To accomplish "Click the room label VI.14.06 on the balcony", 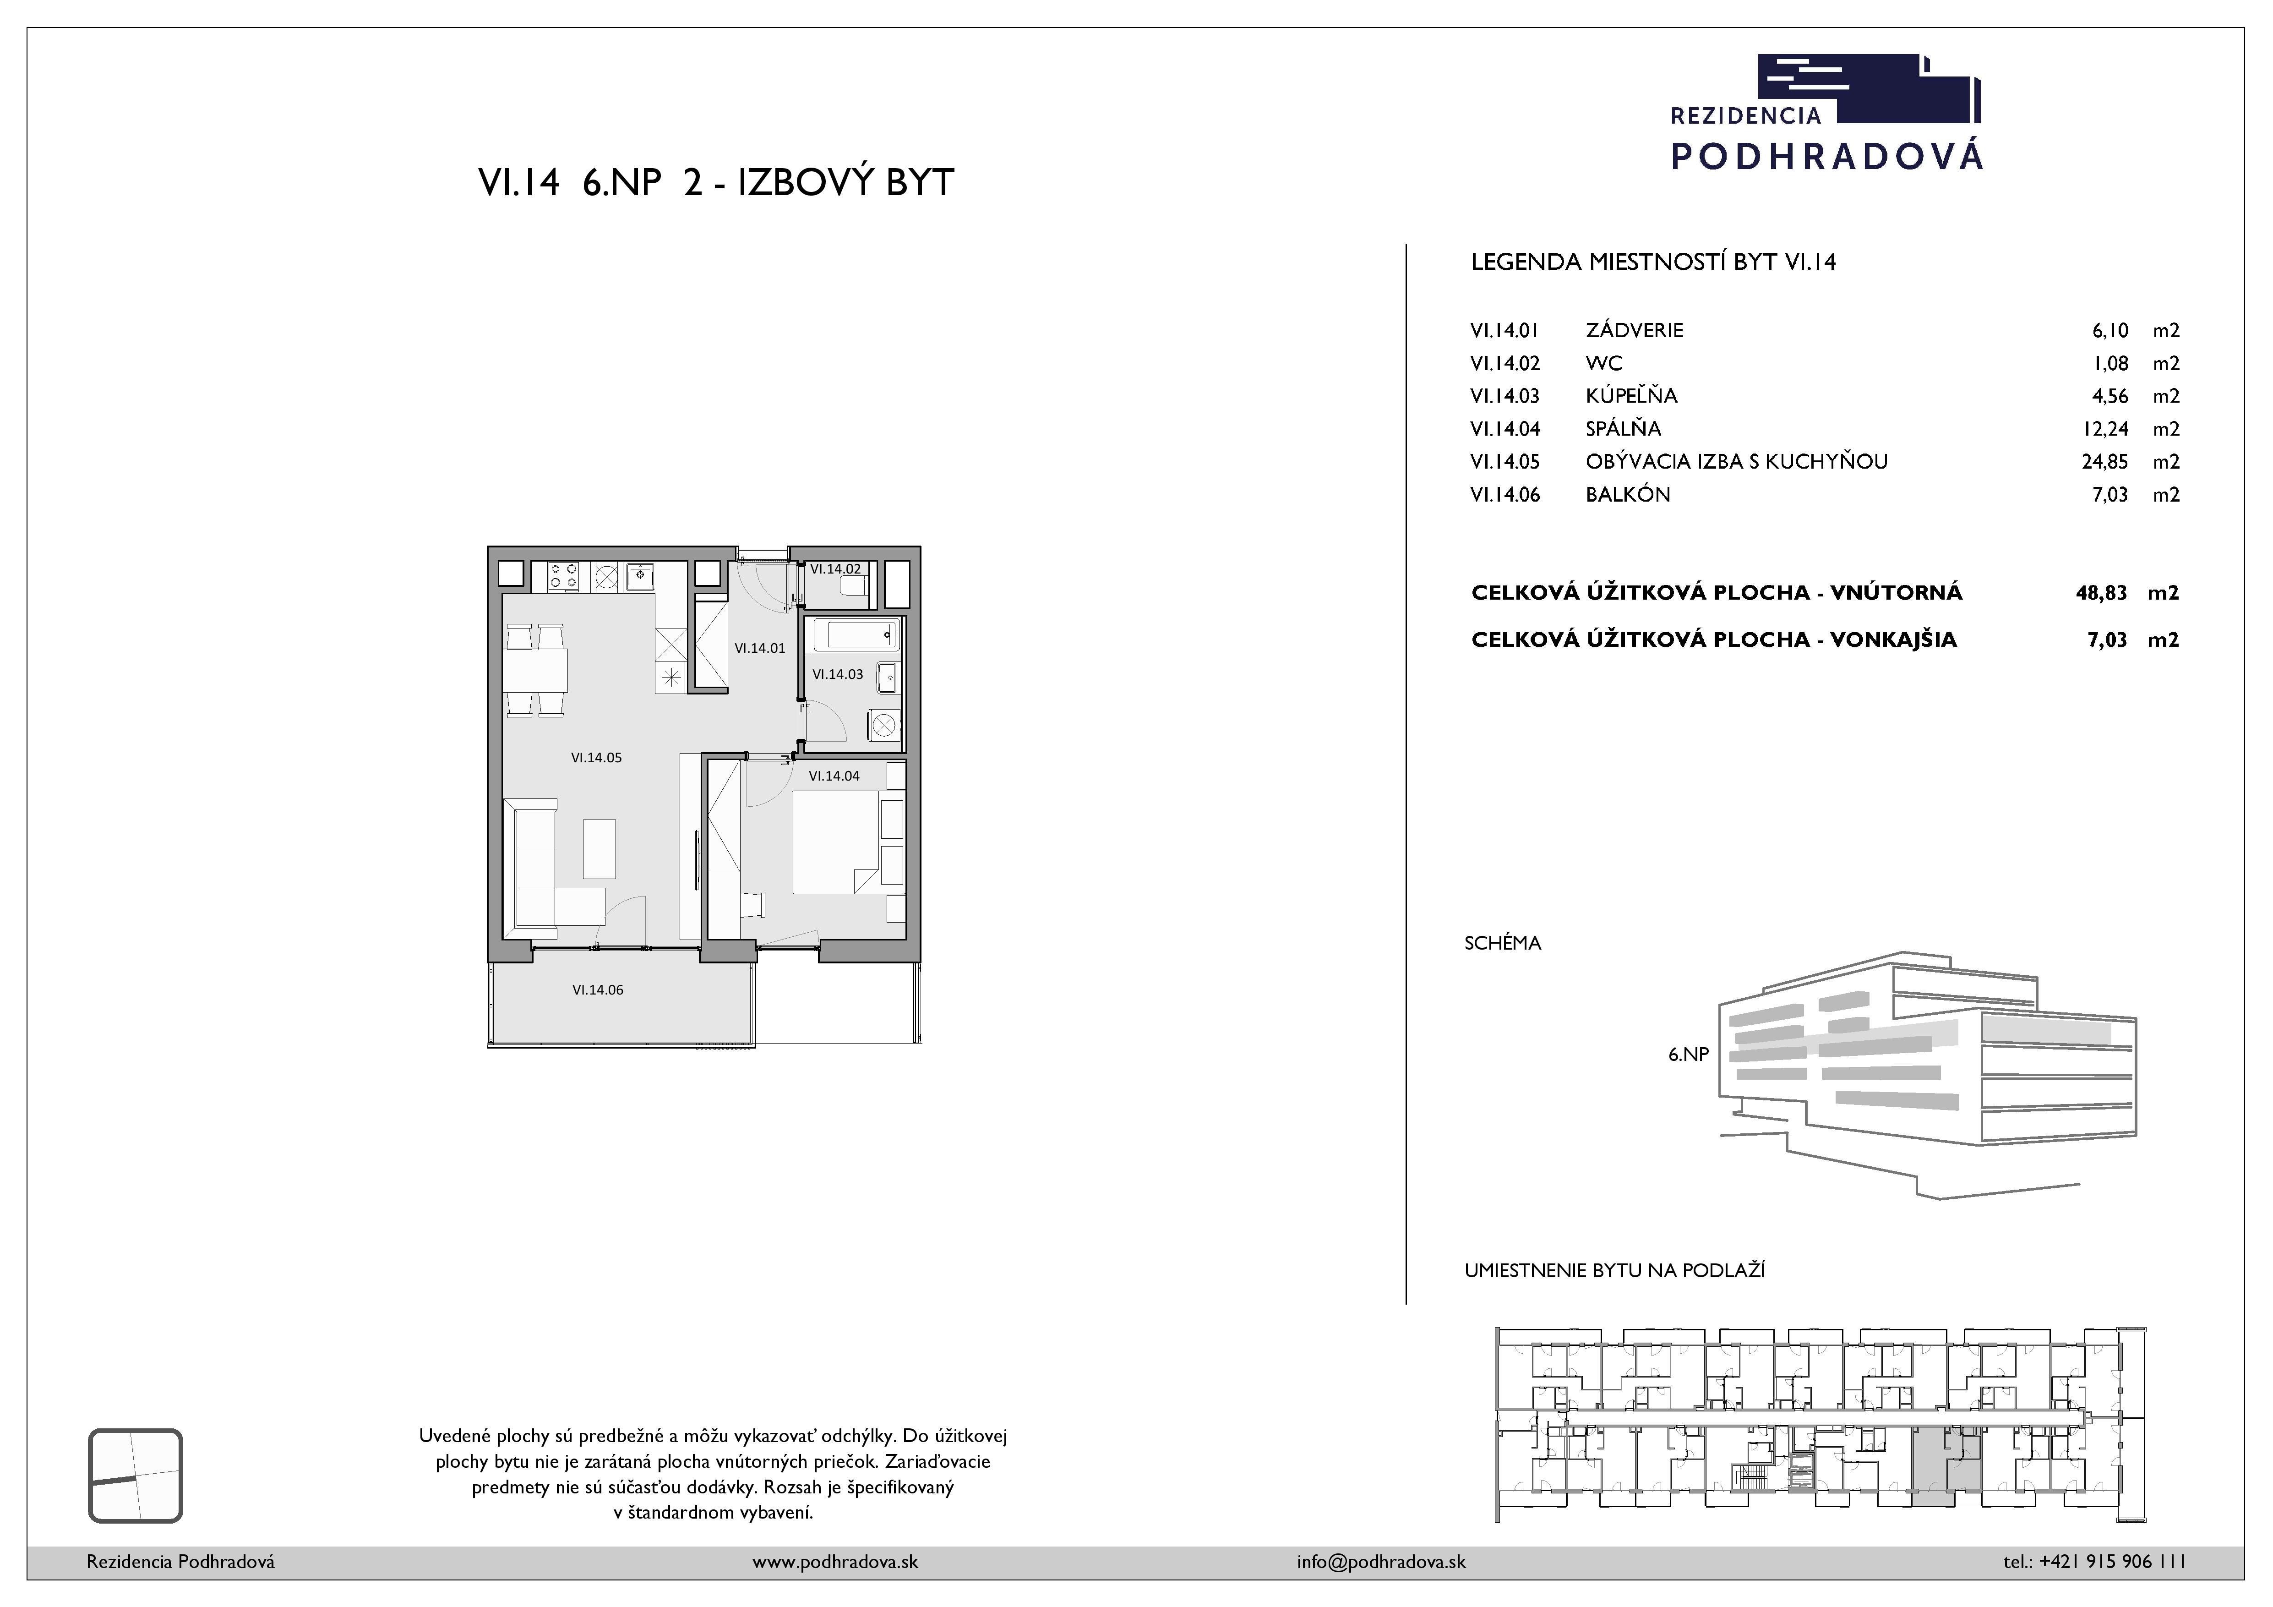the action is (x=598, y=989).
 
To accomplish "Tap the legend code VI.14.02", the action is (x=1506, y=363).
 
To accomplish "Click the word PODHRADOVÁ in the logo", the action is (x=1826, y=155).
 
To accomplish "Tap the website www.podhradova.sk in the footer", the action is (x=834, y=1562).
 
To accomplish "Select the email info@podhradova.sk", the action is (x=1381, y=1562).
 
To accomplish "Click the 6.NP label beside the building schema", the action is (x=1689, y=1055).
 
